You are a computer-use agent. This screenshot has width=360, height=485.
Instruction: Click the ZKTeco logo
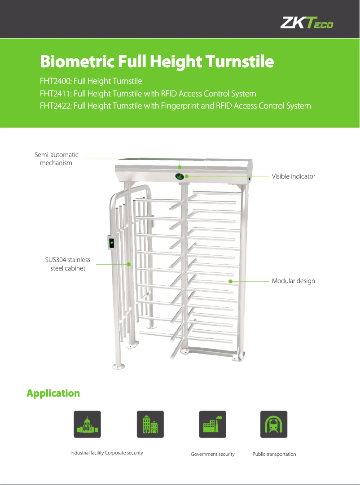pyautogui.click(x=307, y=22)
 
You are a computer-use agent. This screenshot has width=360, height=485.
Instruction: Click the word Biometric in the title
pyautogui.click(x=77, y=61)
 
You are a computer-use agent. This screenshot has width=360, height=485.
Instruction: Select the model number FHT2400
pyautogui.click(x=55, y=81)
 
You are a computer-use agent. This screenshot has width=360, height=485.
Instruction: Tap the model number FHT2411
pyautogui.click(x=55, y=93)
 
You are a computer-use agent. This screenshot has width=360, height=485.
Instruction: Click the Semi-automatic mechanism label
pyautogui.click(x=57, y=159)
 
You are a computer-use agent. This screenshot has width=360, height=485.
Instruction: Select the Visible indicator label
pyautogui.click(x=294, y=176)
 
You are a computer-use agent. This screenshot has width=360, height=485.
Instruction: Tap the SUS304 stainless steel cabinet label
pyautogui.click(x=68, y=264)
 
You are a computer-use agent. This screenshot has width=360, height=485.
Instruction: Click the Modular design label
pyautogui.click(x=294, y=281)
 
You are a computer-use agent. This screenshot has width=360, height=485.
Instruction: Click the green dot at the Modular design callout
pyautogui.click(x=230, y=281)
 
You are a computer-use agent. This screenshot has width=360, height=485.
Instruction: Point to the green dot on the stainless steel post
pyautogui.click(x=129, y=264)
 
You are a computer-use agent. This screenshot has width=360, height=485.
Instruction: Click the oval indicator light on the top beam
pyautogui.click(x=180, y=177)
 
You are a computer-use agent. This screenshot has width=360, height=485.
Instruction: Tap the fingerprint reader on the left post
pyautogui.click(x=111, y=243)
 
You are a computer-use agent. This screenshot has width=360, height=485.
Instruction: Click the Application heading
pyautogui.click(x=53, y=393)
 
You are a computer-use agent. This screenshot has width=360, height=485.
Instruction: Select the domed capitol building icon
pyautogui.click(x=87, y=424)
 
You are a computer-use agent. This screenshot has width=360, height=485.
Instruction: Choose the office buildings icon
pyautogui.click(x=150, y=424)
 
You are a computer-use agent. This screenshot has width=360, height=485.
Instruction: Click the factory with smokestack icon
pyautogui.click(x=213, y=424)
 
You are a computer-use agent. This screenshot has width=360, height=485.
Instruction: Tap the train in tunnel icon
pyautogui.click(x=274, y=424)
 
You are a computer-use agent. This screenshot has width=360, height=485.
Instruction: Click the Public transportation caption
pyautogui.click(x=274, y=454)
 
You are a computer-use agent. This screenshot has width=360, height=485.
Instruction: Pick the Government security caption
pyautogui.click(x=213, y=454)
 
